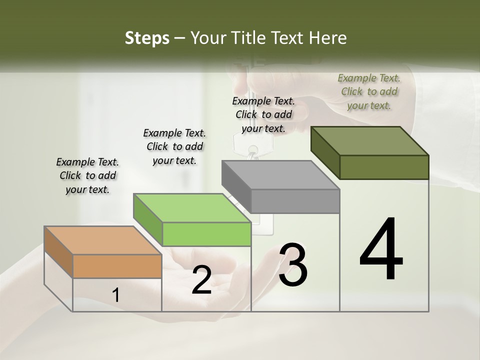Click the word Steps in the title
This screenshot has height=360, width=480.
coord(147,38)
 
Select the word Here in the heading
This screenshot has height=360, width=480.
coord(328,38)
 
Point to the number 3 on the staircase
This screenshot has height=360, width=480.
coord(293,264)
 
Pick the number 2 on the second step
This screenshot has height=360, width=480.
coord(201,280)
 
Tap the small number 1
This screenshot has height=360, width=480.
coord(116,295)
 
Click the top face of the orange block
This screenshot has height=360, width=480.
coord(102,240)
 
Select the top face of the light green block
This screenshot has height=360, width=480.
coord(192,208)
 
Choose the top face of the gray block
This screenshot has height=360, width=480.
coord(280,175)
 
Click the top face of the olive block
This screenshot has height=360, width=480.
coord(369,141)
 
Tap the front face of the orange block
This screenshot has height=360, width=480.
coord(117,266)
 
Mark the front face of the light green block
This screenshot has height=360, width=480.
coord(206,234)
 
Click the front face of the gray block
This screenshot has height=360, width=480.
coord(295,201)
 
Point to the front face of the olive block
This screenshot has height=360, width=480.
coord(384,167)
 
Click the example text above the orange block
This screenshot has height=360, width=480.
coord(87,176)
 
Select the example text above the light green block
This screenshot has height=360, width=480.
coord(174,146)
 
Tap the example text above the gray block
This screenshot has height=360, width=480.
coord(263,114)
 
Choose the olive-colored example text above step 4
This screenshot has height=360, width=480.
coord(369,91)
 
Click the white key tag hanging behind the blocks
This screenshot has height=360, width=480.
coord(253,144)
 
